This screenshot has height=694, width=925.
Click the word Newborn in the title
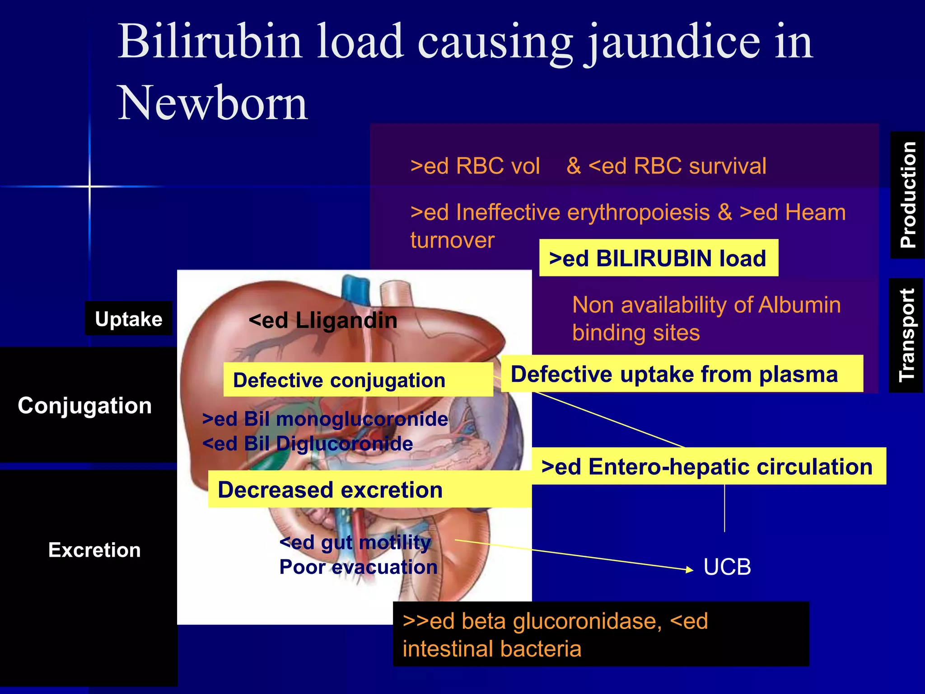212,103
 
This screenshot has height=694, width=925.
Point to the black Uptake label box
129,319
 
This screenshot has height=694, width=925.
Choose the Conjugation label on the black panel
84,405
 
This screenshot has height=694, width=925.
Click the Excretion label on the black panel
94,550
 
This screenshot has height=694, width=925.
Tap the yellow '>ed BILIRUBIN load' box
658,258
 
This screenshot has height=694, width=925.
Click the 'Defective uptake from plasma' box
681,374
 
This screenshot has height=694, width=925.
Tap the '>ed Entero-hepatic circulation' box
708,466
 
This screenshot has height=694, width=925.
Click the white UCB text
727,567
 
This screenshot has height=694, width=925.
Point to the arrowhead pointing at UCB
689,570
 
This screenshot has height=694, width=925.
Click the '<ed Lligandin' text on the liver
322,321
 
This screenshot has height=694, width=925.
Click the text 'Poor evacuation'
358,567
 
